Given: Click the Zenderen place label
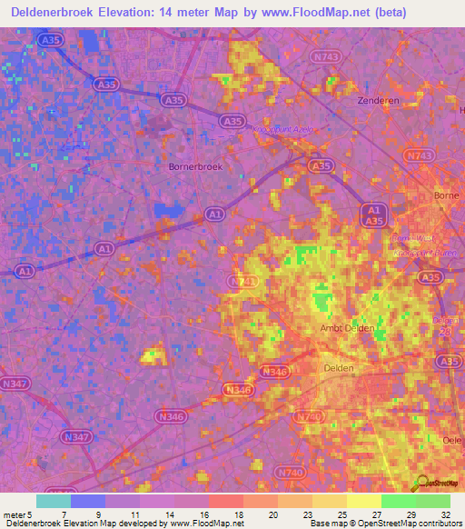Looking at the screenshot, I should point(379,100).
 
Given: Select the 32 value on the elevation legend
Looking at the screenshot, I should point(445,514).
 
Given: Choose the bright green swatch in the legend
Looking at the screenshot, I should point(398,501).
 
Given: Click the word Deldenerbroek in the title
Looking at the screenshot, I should point(55,13).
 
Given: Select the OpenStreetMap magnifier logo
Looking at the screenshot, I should point(420,483).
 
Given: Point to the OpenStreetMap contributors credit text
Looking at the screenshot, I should point(409,524).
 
